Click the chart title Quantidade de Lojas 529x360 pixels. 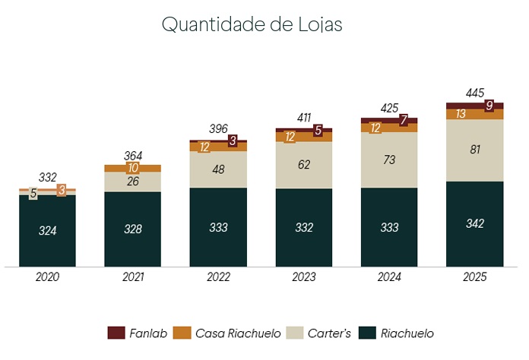(252, 24)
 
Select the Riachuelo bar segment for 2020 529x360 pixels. (47, 231)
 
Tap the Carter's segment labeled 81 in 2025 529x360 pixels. (474, 150)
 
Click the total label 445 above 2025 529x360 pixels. (474, 93)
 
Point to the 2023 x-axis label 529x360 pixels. (303, 278)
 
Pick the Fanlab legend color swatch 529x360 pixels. (116, 333)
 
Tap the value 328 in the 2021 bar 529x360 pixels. (133, 228)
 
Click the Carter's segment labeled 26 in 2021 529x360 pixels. (133, 182)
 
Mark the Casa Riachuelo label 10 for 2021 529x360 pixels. (133, 168)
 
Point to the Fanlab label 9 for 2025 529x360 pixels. (489, 106)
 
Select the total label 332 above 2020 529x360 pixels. (47, 178)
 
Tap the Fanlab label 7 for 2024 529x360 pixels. (404, 120)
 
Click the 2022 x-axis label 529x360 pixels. (218, 278)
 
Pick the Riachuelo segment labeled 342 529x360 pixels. (474, 223)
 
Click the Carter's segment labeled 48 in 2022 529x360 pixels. (218, 169)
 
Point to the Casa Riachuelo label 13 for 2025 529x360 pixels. (461, 114)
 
